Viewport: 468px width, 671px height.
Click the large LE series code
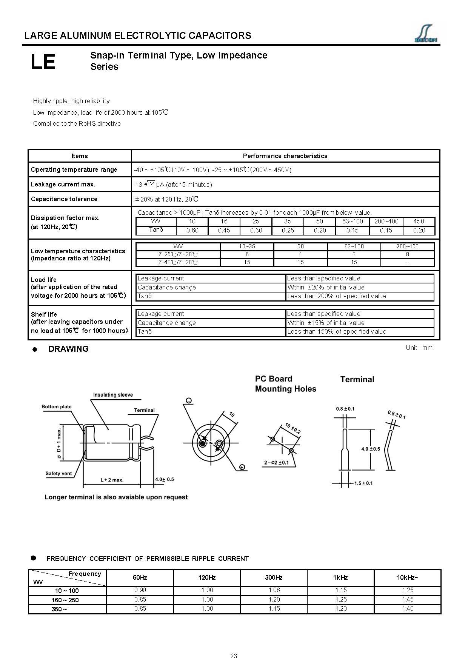(x=43, y=62)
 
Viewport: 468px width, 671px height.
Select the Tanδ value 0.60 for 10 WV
(x=192, y=230)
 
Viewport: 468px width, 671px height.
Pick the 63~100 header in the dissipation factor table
(x=352, y=221)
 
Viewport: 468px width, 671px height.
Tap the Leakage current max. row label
(x=63, y=184)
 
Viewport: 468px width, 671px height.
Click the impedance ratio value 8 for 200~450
(x=407, y=254)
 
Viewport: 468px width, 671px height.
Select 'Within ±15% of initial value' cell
(x=326, y=323)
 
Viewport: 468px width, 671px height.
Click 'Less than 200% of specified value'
(x=337, y=296)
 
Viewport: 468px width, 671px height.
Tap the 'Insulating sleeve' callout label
(x=113, y=395)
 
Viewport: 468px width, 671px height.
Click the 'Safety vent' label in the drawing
(x=58, y=473)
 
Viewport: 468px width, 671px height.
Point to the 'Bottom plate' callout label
(x=56, y=406)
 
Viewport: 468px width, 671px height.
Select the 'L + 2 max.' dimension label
(x=112, y=480)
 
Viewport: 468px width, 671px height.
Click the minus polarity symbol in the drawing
(x=189, y=400)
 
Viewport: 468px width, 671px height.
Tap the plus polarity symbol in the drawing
(x=242, y=467)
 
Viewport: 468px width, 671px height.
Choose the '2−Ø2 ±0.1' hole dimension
(x=276, y=463)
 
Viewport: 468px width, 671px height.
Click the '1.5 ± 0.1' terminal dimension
(x=363, y=483)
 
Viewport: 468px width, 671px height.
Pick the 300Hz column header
(x=274, y=577)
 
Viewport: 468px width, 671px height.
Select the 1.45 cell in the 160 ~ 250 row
(x=408, y=599)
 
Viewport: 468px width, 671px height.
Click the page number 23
(x=234, y=656)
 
